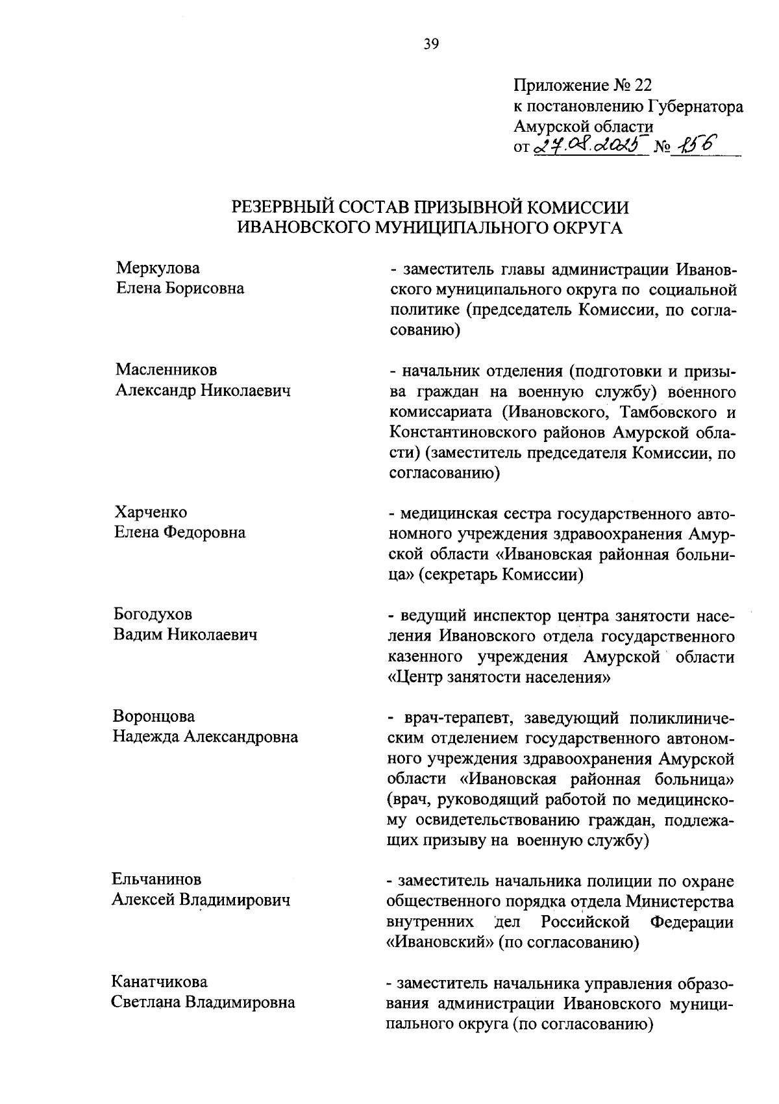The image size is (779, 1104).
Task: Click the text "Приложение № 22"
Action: pyautogui.click(x=582, y=86)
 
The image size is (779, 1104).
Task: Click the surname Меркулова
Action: pyautogui.click(x=158, y=268)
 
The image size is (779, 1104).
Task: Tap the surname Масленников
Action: pyautogui.click(x=166, y=370)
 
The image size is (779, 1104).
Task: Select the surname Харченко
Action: pyautogui.click(x=151, y=513)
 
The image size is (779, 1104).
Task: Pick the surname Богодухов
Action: pyautogui.click(x=153, y=615)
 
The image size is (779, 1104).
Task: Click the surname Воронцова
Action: pyautogui.click(x=154, y=717)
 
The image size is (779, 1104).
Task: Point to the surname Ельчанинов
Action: pyautogui.click(x=156, y=879)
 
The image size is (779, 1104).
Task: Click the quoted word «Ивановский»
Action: pyautogui.click(x=440, y=942)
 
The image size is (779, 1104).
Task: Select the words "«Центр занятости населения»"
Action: pyautogui.click(x=499, y=678)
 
